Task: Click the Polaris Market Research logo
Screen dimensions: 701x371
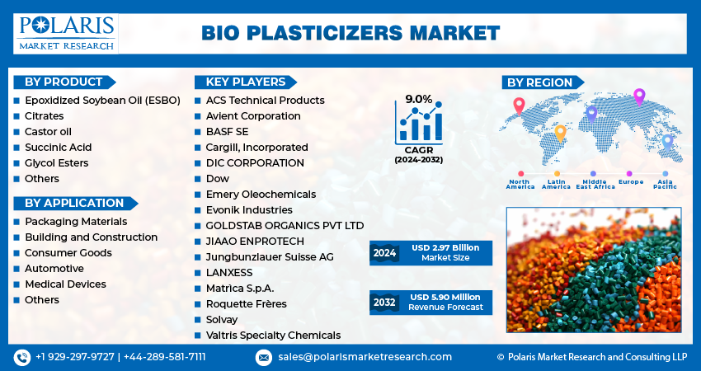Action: pos(66,34)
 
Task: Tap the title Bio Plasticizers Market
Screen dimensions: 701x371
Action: pos(350,34)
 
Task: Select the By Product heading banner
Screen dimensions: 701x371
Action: pos(64,82)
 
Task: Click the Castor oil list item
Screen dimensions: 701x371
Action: pos(48,131)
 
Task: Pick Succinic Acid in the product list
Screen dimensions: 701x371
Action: pos(58,147)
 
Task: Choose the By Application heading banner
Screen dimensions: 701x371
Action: pos(75,203)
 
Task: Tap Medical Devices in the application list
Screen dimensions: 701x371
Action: pos(65,284)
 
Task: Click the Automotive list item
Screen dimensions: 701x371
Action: pos(54,268)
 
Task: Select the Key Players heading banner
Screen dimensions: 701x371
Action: pos(246,82)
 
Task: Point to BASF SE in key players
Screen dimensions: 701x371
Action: pos(227,131)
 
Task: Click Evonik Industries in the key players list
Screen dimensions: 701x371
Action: pos(249,209)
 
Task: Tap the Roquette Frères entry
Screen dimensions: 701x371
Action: pos(246,304)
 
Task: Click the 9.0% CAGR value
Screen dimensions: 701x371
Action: pos(419,99)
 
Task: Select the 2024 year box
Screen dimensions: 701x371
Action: pos(384,253)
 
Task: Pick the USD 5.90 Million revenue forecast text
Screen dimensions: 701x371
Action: pos(445,298)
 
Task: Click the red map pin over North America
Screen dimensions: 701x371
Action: pos(519,106)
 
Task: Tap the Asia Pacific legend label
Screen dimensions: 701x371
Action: pos(666,184)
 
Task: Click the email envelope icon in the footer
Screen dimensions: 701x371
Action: pos(264,358)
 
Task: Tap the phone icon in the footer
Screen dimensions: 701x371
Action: pos(22,358)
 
